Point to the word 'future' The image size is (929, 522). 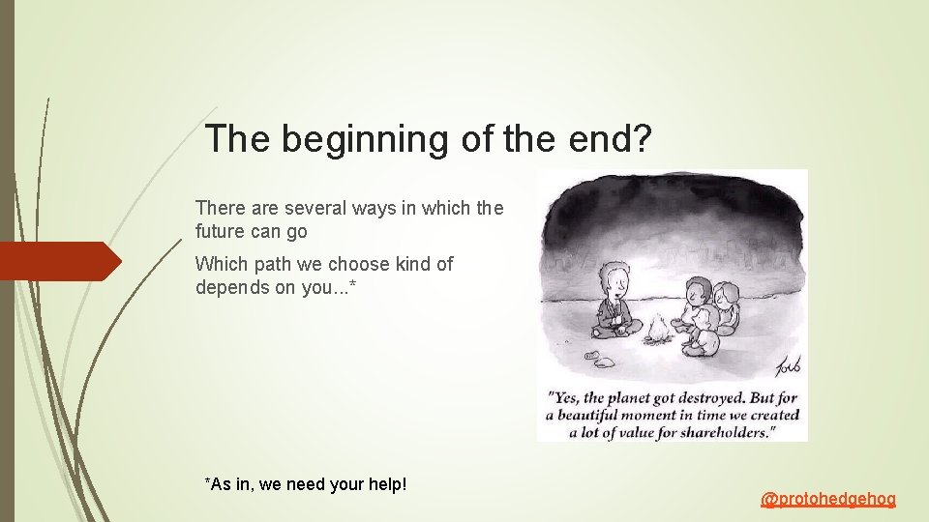pos(223,232)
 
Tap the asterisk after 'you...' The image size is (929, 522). pos(365,286)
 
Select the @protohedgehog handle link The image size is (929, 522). pos(828,499)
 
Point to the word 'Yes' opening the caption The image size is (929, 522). pos(565,396)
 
